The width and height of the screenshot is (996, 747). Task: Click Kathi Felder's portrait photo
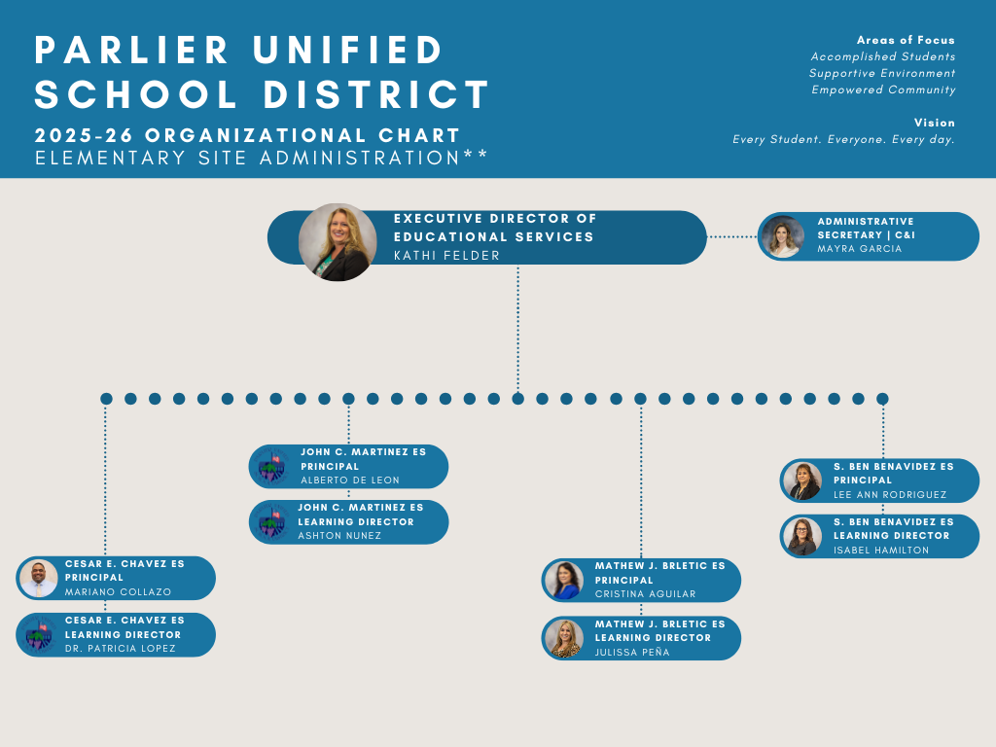pyautogui.click(x=337, y=242)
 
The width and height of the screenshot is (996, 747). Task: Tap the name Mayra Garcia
pyautogui.click(x=859, y=249)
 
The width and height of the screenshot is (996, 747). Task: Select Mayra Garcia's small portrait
pyautogui.click(x=783, y=236)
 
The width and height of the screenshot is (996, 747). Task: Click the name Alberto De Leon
pyautogui.click(x=350, y=480)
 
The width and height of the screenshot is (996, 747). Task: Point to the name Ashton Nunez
pyautogui.click(x=339, y=536)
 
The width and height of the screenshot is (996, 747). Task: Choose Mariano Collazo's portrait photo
pyautogui.click(x=38, y=578)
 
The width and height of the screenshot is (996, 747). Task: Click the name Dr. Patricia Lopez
pyautogui.click(x=121, y=649)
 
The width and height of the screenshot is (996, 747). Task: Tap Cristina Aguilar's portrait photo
pyautogui.click(x=563, y=581)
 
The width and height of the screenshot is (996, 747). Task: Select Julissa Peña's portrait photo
pyautogui.click(x=563, y=638)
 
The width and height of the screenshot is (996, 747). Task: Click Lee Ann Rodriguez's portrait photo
pyautogui.click(x=803, y=480)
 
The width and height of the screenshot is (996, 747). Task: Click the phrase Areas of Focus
pyautogui.click(x=906, y=40)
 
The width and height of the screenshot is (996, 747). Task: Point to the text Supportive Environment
pyautogui.click(x=882, y=73)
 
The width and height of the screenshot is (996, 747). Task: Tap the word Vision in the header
pyautogui.click(x=934, y=123)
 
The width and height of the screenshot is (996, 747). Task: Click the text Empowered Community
pyautogui.click(x=883, y=89)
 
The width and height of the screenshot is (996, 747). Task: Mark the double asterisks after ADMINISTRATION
pyautogui.click(x=476, y=156)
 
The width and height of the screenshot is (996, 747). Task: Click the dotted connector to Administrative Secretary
pyautogui.click(x=731, y=236)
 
